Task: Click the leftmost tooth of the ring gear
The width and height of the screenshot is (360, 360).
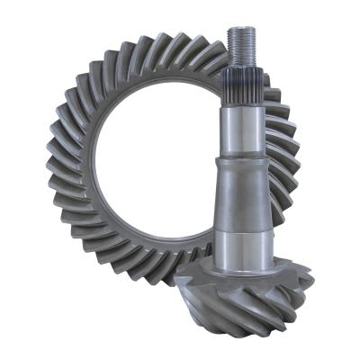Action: coord(51,166)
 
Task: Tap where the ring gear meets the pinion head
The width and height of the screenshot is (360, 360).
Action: coord(193,270)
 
